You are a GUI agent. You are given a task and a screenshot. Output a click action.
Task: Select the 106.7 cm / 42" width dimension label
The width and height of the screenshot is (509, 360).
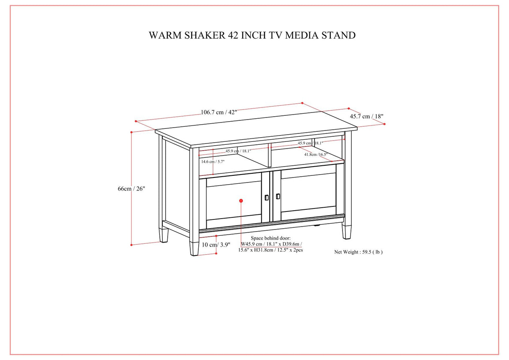click(x=219, y=112)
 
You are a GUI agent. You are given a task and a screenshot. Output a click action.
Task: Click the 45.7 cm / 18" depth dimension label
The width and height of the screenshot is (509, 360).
click(x=366, y=116)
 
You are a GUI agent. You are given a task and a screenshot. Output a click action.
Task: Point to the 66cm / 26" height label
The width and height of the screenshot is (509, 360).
click(x=131, y=189)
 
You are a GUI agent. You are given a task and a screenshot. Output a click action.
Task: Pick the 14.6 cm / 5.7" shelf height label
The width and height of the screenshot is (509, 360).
click(x=213, y=162)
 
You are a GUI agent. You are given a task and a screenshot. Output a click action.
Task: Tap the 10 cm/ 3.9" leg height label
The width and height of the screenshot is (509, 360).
click(x=216, y=245)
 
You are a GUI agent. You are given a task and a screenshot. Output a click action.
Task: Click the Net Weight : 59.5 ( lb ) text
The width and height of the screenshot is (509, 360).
click(x=358, y=252)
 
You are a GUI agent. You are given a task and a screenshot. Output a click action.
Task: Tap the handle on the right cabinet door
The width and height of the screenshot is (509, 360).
click(x=278, y=196)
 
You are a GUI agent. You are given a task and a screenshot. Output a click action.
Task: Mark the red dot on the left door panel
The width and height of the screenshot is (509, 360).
click(x=241, y=201)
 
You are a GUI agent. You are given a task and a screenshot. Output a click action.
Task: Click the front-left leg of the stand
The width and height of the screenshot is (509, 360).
click(x=194, y=248)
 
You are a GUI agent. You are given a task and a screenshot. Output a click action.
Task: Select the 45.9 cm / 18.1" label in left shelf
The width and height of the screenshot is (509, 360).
click(x=238, y=151)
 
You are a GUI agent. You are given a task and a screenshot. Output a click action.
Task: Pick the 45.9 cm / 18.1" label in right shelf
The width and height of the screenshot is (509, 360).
click(x=310, y=143)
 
